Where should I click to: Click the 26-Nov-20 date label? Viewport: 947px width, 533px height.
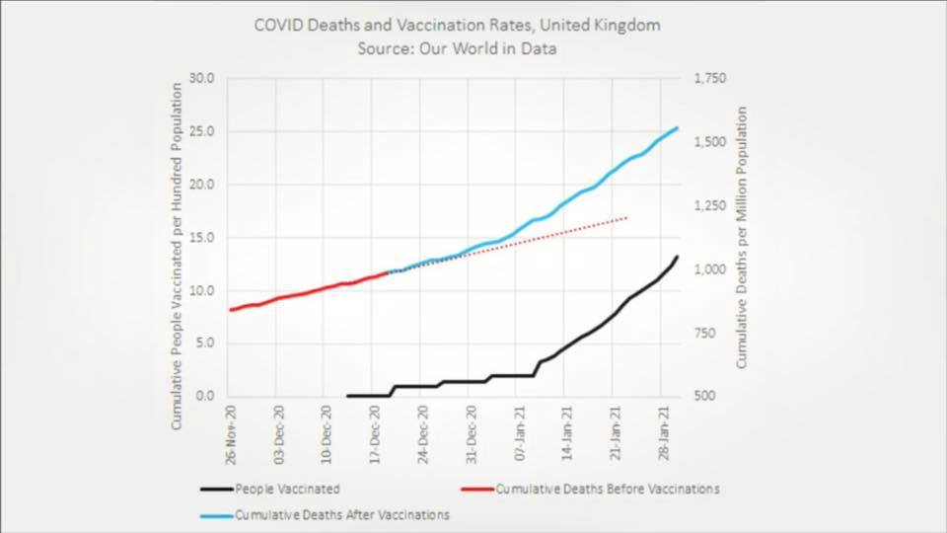coord(230,435)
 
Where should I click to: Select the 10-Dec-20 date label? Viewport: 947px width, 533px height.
coord(327,435)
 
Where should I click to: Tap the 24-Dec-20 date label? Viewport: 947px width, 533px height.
coord(423,435)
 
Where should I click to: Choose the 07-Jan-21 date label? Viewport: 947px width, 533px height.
coord(520,435)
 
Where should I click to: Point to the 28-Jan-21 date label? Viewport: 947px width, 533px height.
coord(665,435)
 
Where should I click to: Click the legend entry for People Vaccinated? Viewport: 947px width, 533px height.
coord(287,489)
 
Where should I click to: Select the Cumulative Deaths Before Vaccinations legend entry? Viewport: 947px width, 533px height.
coord(607,489)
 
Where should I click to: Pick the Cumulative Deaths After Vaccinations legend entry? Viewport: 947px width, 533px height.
coord(341,514)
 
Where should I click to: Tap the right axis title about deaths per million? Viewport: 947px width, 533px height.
coord(742,238)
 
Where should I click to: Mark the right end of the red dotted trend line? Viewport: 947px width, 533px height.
coord(626,217)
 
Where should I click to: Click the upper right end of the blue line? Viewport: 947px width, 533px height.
coord(677,127)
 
